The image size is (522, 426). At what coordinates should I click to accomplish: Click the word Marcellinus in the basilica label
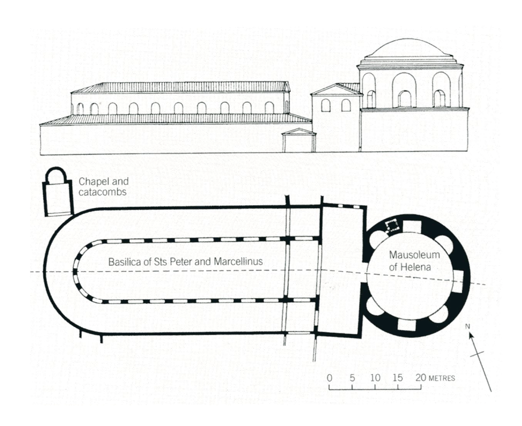[239, 262]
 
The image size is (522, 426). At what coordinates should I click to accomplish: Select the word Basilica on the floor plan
[122, 262]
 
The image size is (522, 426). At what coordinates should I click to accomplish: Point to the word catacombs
[102, 192]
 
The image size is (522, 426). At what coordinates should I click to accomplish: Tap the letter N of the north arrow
[468, 326]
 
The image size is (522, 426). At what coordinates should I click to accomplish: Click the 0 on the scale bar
[329, 378]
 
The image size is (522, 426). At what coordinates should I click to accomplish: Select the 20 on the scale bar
[421, 378]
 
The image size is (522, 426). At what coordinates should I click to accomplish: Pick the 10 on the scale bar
[375, 378]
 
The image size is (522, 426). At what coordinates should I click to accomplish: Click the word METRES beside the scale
[442, 379]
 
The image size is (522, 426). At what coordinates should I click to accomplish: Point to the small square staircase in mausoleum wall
[392, 226]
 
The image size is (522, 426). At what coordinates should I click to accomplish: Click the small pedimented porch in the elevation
[299, 140]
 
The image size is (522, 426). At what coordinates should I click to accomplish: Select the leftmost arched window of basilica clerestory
[80, 109]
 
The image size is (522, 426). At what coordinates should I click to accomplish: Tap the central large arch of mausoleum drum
[404, 90]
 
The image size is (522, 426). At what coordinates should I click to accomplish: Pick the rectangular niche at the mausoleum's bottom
[406, 325]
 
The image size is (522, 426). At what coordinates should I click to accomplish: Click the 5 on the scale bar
[352, 378]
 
